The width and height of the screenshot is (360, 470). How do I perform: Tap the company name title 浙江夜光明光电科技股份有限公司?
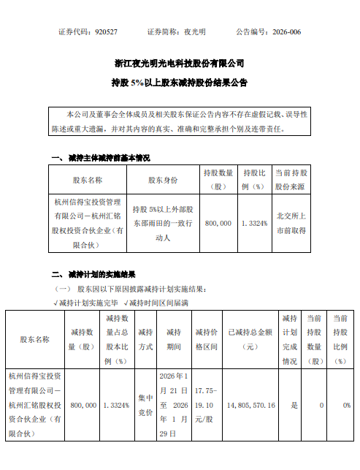pyautogui.click(x=180, y=64)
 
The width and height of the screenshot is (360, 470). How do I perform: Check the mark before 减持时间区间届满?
pyautogui.click(x=126, y=302)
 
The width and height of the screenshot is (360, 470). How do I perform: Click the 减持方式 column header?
pyautogui.click(x=145, y=339)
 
